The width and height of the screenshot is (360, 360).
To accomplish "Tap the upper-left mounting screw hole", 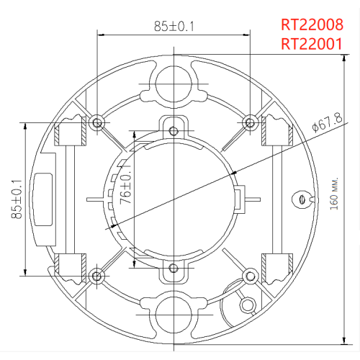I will coord(96,120).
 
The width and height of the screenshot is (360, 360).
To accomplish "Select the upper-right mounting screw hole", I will coord(250,120).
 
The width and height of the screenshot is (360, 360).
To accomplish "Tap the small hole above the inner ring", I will coord(173,130).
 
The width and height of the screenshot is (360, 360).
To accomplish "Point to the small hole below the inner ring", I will coord(173,269).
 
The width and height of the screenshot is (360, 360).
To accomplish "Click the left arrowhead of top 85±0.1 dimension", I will coord(99,33).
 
